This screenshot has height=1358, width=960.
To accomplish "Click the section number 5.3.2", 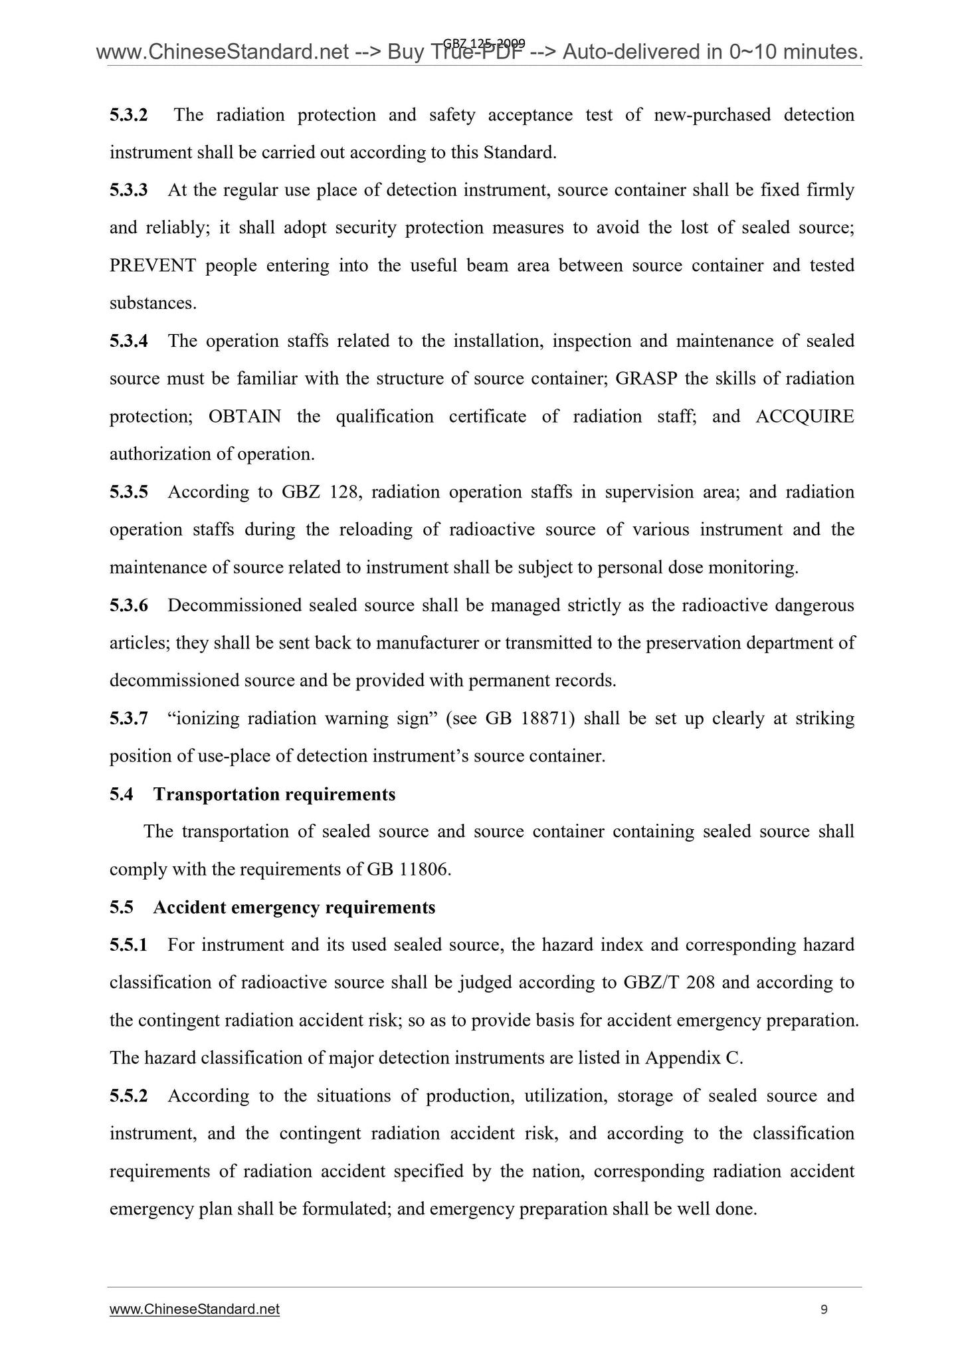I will (129, 116).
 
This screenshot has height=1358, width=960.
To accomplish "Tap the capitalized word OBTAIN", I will (244, 417).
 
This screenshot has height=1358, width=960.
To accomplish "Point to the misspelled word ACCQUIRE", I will (805, 417).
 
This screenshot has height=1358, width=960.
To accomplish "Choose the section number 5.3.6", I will (129, 605).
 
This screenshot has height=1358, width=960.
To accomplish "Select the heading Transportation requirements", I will (274, 795).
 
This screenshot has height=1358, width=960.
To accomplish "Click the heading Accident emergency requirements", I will (294, 908).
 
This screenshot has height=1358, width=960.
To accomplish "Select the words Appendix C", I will (692, 1058).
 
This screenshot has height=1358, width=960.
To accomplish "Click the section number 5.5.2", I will (129, 1096).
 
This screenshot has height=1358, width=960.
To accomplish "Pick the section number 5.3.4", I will (129, 341).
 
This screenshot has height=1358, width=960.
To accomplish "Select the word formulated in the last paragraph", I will (345, 1209).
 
